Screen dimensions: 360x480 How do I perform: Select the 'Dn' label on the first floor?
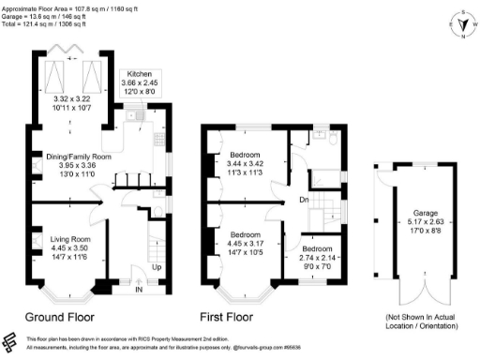303,200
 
